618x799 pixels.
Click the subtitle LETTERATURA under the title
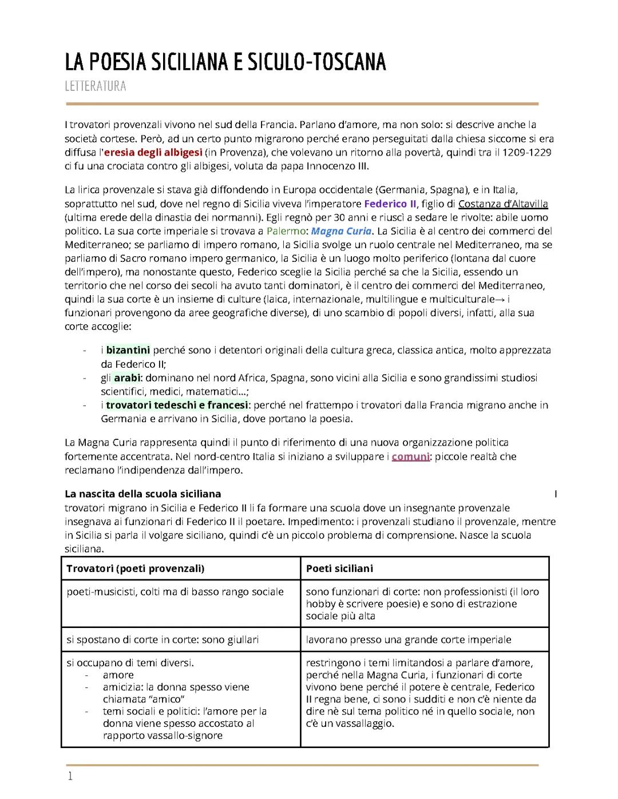(x=95, y=86)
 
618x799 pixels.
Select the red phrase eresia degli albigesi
(x=153, y=153)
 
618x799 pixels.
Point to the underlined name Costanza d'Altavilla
(x=503, y=204)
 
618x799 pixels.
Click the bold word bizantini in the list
(x=128, y=349)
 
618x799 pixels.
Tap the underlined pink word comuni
(x=410, y=456)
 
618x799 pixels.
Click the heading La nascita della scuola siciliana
(x=142, y=494)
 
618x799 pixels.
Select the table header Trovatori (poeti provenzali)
(x=136, y=569)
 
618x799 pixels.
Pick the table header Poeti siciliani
(x=339, y=569)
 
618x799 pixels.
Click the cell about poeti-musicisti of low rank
(x=175, y=592)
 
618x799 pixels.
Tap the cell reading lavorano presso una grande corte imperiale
(x=409, y=640)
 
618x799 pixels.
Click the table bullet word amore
(x=118, y=675)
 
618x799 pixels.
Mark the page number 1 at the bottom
(x=70, y=776)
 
